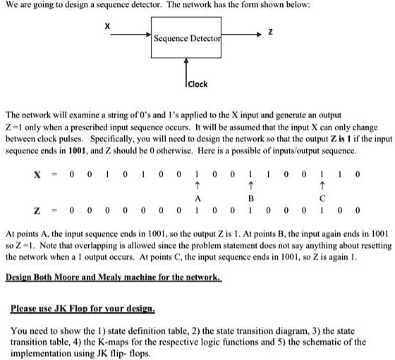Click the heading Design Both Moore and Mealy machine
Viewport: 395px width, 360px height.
point(114,278)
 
